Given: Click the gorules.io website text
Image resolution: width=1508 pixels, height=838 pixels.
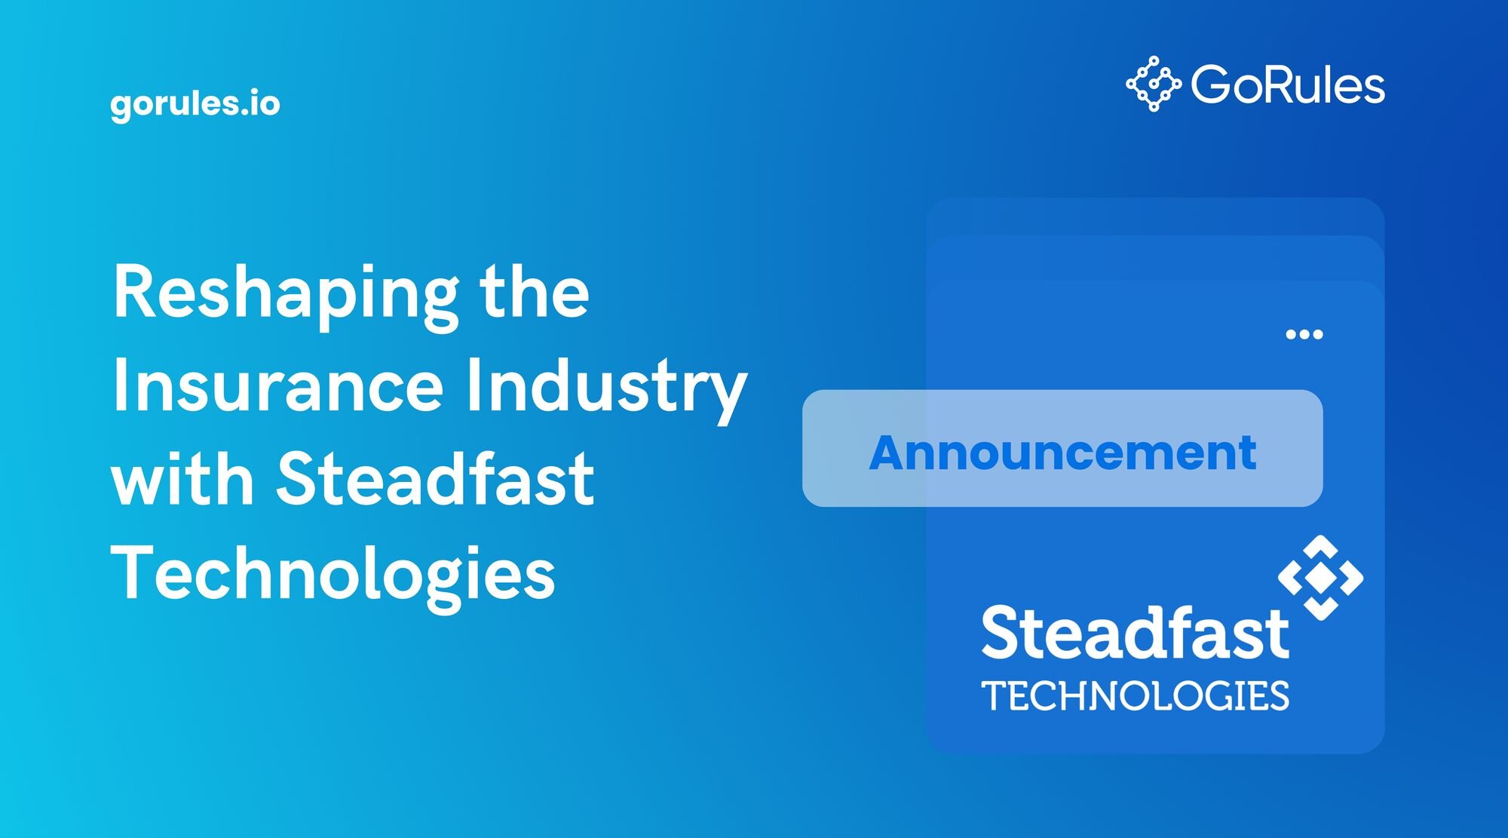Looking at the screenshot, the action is click(x=195, y=103).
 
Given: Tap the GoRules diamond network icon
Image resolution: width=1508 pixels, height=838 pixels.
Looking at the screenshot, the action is click(x=1154, y=84).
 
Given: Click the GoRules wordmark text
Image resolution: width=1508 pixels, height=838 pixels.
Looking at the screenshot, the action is click(x=1288, y=84).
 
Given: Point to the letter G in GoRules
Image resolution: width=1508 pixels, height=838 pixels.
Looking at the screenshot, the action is click(x=1211, y=84).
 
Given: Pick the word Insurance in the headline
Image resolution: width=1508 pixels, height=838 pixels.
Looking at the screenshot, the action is click(x=278, y=385).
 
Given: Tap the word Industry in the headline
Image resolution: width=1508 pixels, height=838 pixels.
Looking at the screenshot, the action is click(x=606, y=388).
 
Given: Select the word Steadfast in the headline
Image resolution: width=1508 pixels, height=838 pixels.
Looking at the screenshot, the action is click(x=436, y=477).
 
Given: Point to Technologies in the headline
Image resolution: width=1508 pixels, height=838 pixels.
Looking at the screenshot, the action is click(x=333, y=575).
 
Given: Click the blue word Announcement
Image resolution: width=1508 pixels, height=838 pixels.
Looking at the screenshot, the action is click(x=1062, y=453).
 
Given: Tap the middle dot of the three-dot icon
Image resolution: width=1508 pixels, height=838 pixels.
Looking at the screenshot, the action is click(x=1304, y=334).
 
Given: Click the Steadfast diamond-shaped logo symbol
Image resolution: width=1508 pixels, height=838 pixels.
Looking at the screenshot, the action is click(x=1321, y=578).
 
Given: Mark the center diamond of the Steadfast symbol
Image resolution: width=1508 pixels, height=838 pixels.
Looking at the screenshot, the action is click(x=1321, y=578).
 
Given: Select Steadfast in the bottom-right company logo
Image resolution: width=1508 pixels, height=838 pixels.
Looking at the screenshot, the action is click(x=1135, y=632).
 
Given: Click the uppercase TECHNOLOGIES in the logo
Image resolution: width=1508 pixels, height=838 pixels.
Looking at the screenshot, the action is click(x=1135, y=695).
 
